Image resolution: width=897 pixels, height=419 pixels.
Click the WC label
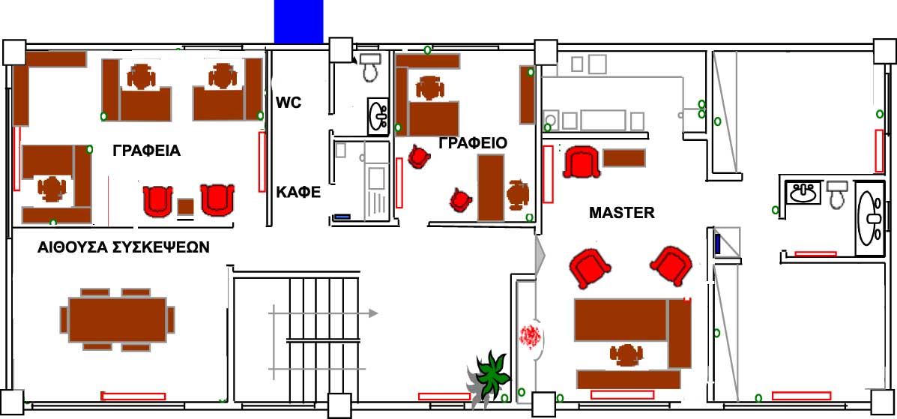[x=289, y=103]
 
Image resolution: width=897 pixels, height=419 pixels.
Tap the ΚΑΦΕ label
[x=298, y=193]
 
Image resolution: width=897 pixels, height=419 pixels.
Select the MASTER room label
[x=622, y=213]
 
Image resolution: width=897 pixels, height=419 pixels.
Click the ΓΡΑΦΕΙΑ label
[x=146, y=151]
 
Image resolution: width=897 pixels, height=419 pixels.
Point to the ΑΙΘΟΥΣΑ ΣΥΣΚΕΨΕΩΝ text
[x=124, y=247]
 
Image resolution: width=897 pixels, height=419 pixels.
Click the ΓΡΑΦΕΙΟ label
[x=473, y=143]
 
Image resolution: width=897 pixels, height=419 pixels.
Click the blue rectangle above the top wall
[x=298, y=22]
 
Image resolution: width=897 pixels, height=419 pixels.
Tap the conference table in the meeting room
[x=118, y=319]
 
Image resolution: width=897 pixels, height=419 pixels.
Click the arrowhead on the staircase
[x=373, y=313]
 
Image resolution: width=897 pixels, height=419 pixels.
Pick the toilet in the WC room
[x=370, y=67]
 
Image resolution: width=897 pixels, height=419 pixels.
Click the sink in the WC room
[x=378, y=116]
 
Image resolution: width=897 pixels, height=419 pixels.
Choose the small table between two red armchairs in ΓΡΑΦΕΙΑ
[x=185, y=207]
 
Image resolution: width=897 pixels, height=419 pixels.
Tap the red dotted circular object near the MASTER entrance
[x=531, y=336]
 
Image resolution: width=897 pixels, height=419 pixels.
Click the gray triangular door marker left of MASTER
[x=540, y=253]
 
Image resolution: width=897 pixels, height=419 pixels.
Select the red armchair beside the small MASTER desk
[x=582, y=162]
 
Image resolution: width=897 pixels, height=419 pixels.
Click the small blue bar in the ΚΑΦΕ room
[x=342, y=217]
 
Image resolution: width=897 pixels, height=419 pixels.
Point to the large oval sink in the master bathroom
[x=870, y=217]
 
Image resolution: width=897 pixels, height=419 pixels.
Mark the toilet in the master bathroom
[x=837, y=193]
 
